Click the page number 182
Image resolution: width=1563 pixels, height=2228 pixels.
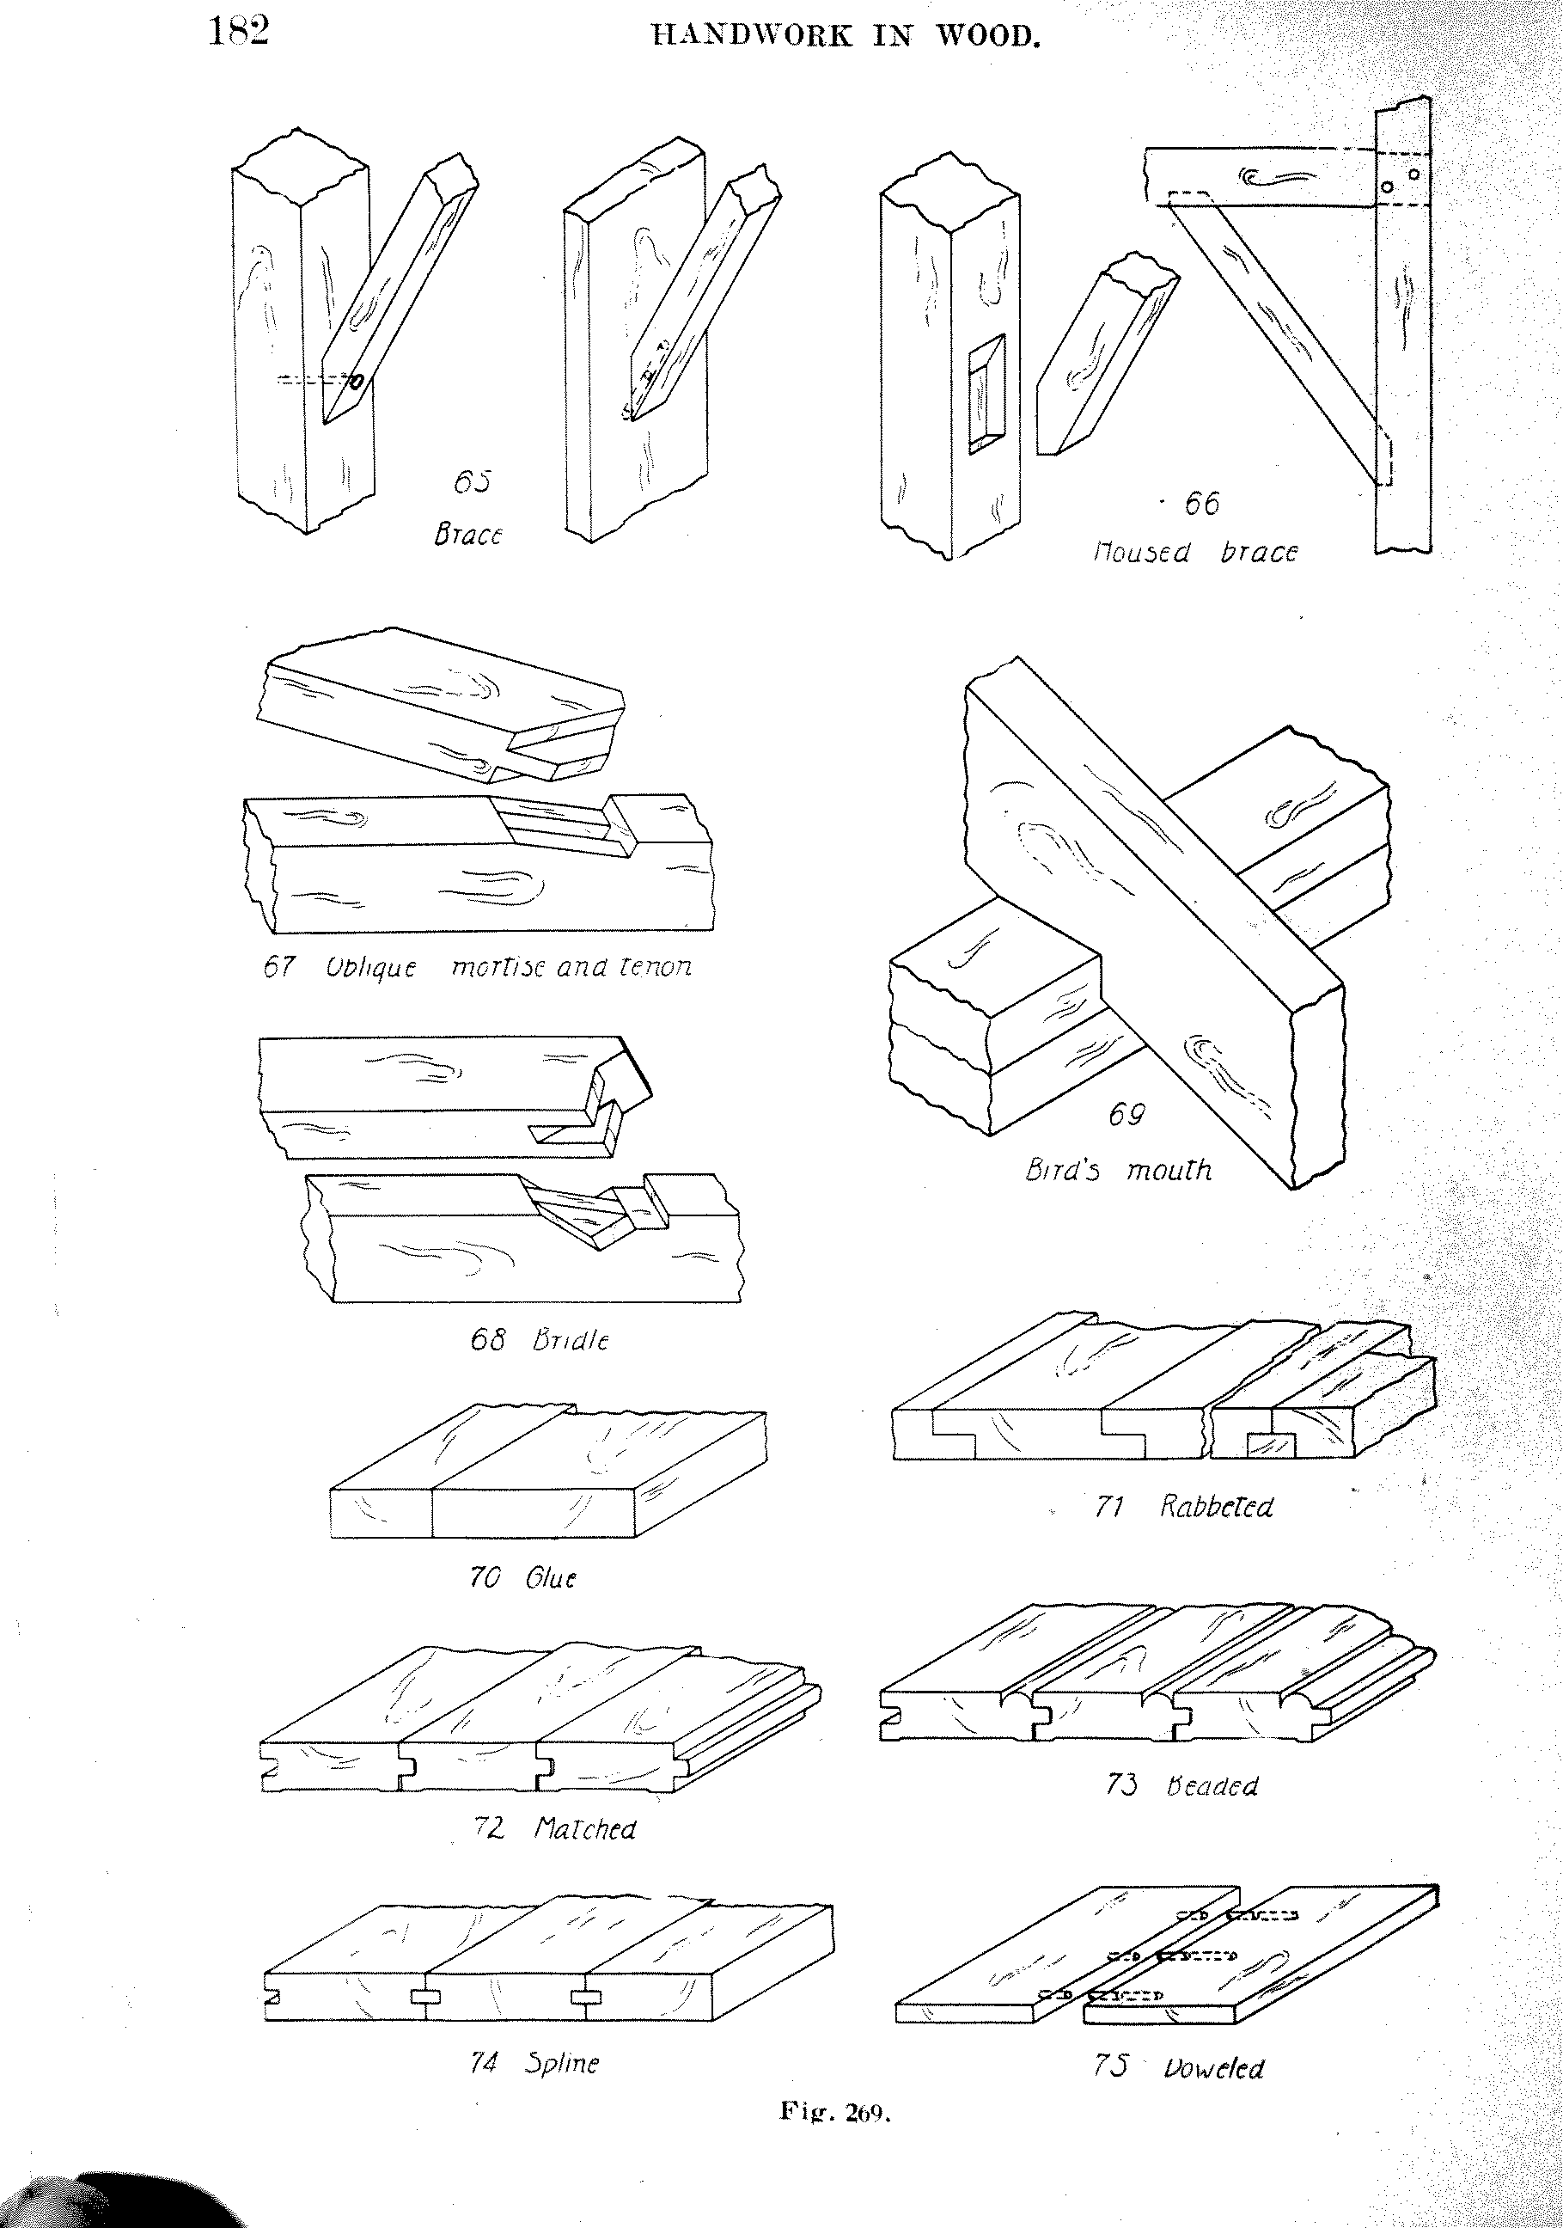[239, 33]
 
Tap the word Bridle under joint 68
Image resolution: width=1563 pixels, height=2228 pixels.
[571, 1340]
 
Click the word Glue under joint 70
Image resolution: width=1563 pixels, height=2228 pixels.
[550, 1579]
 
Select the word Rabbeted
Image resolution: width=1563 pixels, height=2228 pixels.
[1217, 1507]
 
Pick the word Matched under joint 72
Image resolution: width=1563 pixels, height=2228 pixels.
[585, 1829]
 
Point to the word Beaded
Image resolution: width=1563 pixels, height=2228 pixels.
[1212, 1786]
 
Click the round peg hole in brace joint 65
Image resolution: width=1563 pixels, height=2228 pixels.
[356, 383]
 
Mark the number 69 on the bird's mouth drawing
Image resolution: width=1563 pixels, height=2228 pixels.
[1126, 1116]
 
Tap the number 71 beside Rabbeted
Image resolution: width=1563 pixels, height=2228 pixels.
[1109, 1507]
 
